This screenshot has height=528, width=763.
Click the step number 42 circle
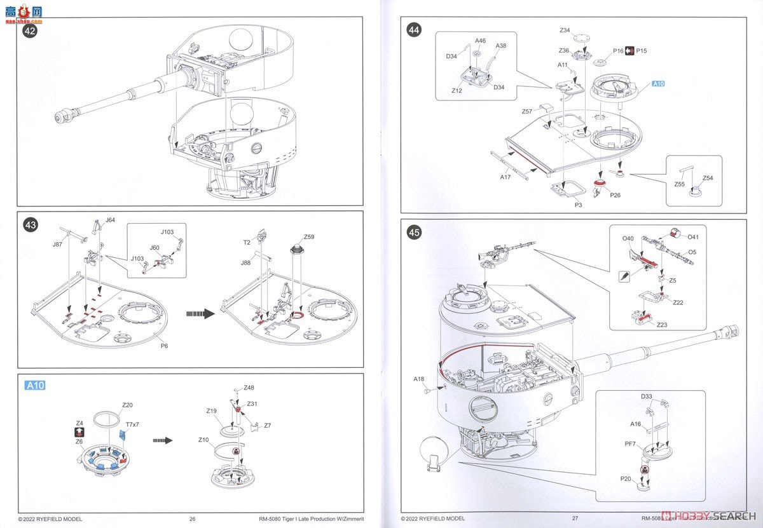click(x=30, y=30)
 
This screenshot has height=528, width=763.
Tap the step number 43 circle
click(x=30, y=224)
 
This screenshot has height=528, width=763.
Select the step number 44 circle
click(x=415, y=31)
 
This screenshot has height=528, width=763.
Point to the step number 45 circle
click(x=415, y=233)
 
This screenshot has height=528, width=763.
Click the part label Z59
click(x=309, y=237)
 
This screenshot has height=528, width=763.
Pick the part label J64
click(x=110, y=220)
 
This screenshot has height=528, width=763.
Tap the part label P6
click(x=164, y=346)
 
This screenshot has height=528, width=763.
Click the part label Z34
click(x=565, y=30)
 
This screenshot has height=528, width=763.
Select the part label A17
click(x=505, y=177)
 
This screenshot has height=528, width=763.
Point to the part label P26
click(x=615, y=195)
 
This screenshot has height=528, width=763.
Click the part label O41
click(x=693, y=237)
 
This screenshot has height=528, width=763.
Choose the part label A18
click(x=418, y=379)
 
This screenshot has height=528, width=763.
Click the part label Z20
click(x=127, y=405)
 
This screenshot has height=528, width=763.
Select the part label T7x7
click(x=132, y=424)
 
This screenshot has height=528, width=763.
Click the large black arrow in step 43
click(x=200, y=313)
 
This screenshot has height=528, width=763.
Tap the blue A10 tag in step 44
click(x=659, y=84)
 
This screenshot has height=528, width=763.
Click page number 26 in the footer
click(x=192, y=518)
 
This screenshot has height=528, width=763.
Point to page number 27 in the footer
click(x=575, y=518)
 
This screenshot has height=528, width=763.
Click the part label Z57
click(x=527, y=112)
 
